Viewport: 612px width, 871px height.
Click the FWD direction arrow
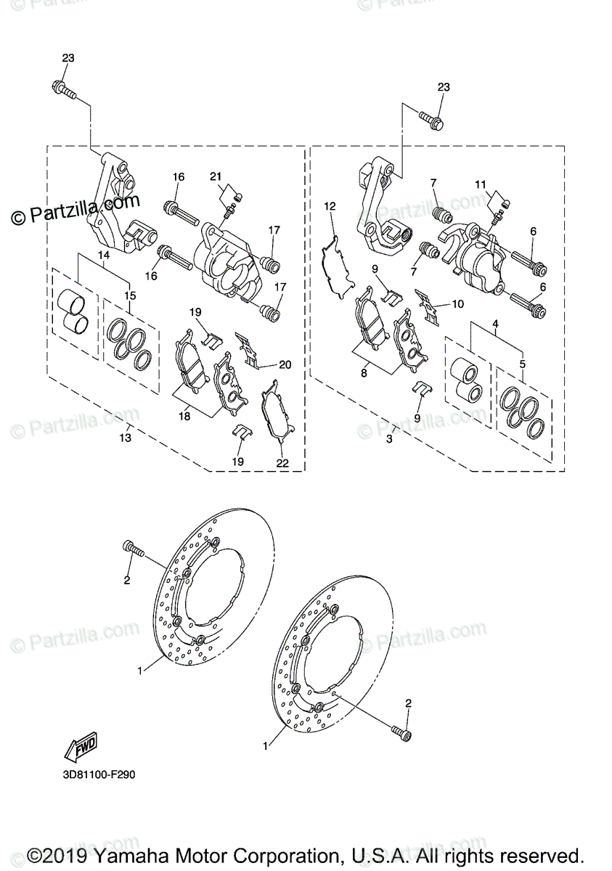[x=81, y=745]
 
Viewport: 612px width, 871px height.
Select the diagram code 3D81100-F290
[x=98, y=774]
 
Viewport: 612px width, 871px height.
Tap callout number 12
[x=330, y=207]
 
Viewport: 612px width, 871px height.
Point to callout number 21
[x=216, y=177]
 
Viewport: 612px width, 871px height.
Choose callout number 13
[x=126, y=438]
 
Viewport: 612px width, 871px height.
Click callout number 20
[x=285, y=364]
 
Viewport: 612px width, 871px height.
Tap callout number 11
[x=480, y=184]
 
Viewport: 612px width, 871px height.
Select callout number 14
[x=104, y=255]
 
